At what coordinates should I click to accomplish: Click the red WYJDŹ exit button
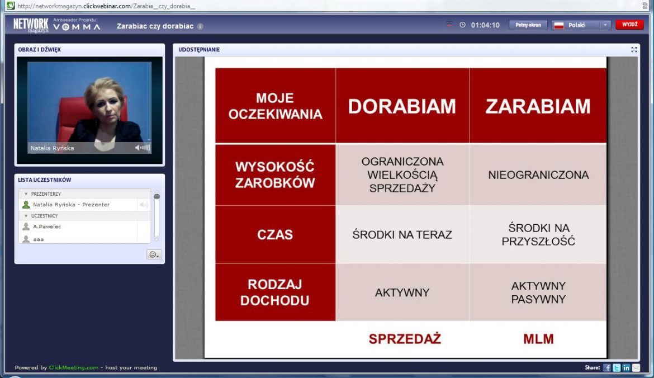(629, 25)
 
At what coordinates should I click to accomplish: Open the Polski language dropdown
(581, 25)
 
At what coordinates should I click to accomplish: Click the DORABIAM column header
(402, 106)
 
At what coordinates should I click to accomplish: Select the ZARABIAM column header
(538, 106)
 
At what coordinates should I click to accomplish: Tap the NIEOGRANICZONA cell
(538, 175)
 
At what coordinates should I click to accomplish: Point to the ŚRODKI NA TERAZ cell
(402, 234)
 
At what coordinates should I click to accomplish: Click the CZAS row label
(275, 234)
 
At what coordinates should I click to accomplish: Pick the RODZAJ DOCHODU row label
(275, 292)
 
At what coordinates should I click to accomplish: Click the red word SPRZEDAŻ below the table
(405, 339)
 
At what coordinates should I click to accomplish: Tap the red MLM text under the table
(538, 339)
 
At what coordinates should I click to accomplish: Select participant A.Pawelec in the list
(47, 226)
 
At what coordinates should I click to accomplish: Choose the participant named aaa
(39, 239)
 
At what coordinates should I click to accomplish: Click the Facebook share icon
(607, 367)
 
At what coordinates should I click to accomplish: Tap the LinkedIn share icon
(626, 367)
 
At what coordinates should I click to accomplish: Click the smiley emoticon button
(154, 254)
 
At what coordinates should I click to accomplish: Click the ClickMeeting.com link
(73, 367)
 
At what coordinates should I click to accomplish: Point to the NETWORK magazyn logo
(30, 25)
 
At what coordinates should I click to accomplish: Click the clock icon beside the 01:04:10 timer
(463, 25)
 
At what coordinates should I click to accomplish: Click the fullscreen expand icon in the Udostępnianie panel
(633, 50)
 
